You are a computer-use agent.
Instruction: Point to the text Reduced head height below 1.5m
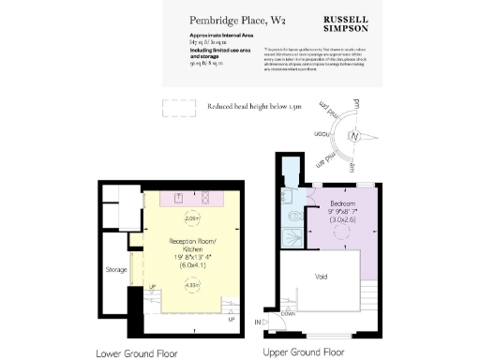[253, 107]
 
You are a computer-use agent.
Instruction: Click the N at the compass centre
[353, 137]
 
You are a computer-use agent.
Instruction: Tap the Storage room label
[115, 270]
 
